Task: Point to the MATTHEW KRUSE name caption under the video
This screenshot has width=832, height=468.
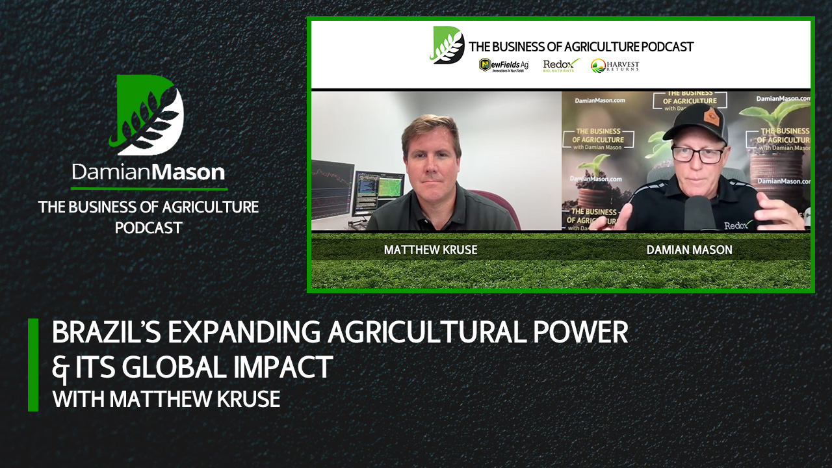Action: point(430,250)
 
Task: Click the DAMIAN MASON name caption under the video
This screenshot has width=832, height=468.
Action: point(690,250)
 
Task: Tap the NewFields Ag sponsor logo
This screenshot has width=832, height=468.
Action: point(504,65)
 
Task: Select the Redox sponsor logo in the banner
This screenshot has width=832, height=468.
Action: point(561,65)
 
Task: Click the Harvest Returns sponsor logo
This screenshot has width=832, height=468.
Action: point(615,65)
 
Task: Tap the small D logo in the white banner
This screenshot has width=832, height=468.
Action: point(447,45)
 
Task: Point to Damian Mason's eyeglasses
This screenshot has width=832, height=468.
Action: point(697,155)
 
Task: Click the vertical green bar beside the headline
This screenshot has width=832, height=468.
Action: point(33,365)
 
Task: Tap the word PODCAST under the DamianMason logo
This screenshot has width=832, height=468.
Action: point(148,227)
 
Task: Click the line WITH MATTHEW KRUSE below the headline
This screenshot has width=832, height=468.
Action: point(166,398)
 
